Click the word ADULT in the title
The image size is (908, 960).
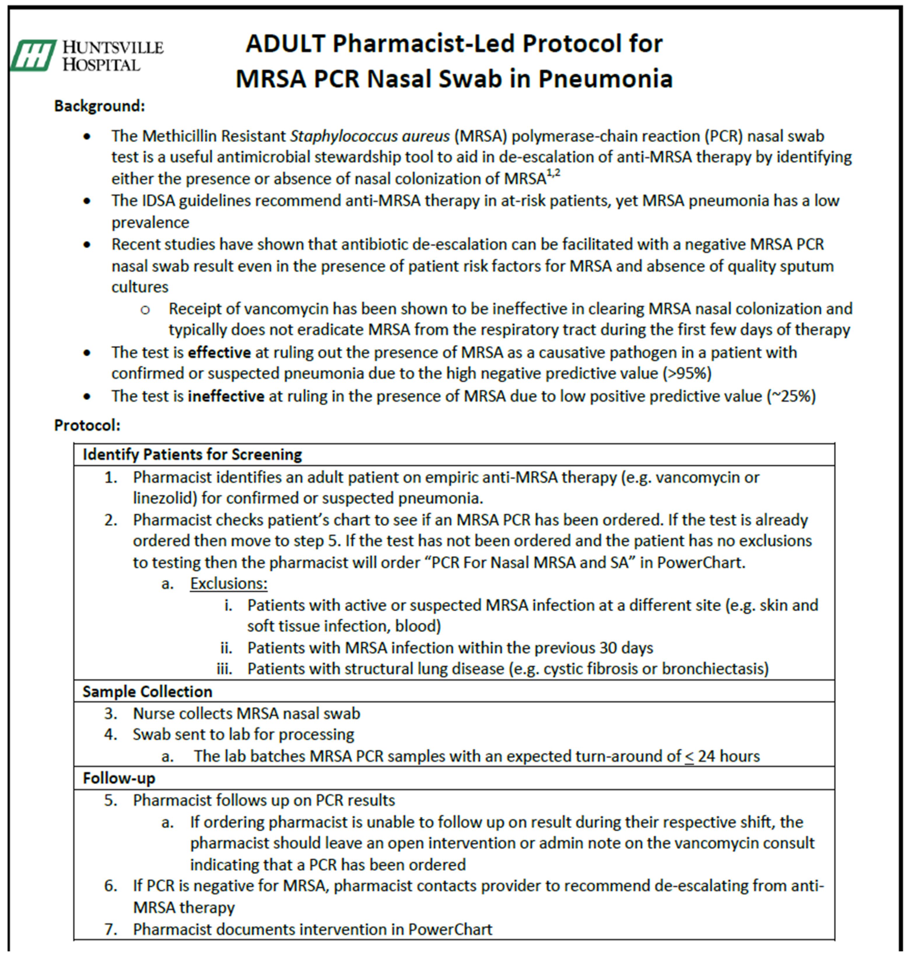[285, 43]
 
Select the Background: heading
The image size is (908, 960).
[99, 106]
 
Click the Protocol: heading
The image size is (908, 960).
[87, 425]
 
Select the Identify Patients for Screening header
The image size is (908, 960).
[192, 454]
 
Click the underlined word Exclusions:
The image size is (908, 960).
[228, 583]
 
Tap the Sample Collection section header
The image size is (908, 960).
[147, 691]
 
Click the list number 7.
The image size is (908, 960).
[110, 929]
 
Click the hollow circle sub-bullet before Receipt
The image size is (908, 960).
[145, 310]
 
